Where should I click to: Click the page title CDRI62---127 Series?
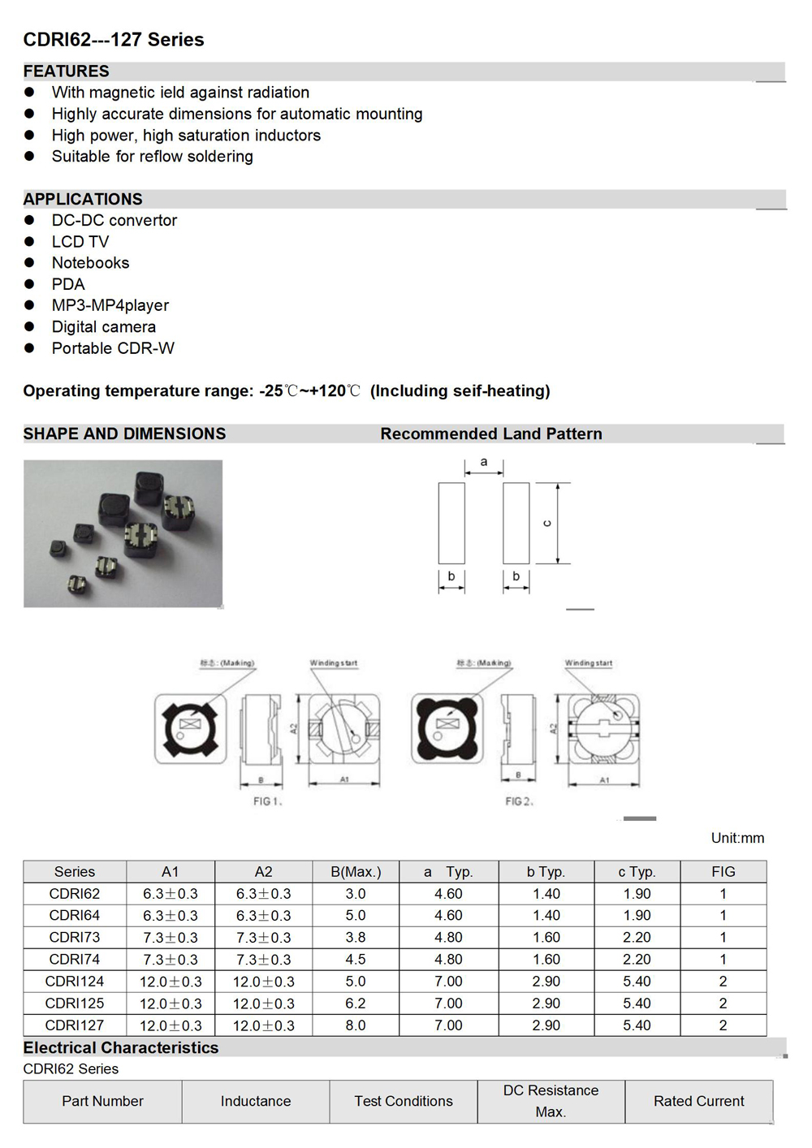click(114, 40)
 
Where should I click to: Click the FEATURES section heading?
click(66, 71)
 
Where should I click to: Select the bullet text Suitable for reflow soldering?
click(152, 157)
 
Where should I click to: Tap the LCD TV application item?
click(80, 242)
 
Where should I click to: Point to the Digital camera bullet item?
click(103, 327)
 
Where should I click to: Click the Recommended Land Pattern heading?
click(490, 434)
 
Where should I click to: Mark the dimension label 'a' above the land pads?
click(484, 462)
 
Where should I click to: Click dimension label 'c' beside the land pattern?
click(547, 523)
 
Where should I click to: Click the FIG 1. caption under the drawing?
click(267, 801)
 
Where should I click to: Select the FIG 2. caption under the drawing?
click(519, 801)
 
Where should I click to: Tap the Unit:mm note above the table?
click(737, 838)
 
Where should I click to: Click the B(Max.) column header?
click(356, 872)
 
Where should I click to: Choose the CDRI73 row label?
click(75, 938)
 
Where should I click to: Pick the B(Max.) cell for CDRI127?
click(356, 1025)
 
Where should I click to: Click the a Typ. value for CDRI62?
click(448, 894)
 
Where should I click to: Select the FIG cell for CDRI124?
click(723, 982)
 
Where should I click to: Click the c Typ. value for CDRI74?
click(637, 960)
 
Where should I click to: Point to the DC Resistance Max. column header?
click(551, 1101)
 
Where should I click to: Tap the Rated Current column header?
click(698, 1101)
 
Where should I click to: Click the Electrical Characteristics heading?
click(121, 1048)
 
